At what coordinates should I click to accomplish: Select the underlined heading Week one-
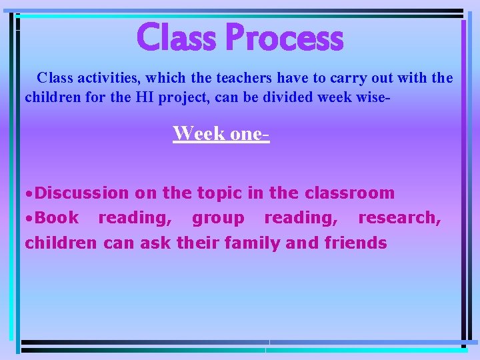[221, 133]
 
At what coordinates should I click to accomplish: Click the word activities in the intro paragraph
[99, 78]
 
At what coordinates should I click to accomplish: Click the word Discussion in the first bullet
[82, 193]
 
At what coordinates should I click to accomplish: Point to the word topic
[221, 193]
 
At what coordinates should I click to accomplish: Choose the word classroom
[349, 193]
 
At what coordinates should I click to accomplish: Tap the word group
[218, 218]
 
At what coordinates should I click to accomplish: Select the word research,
[399, 218]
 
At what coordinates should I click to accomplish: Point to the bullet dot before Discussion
[29, 194]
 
